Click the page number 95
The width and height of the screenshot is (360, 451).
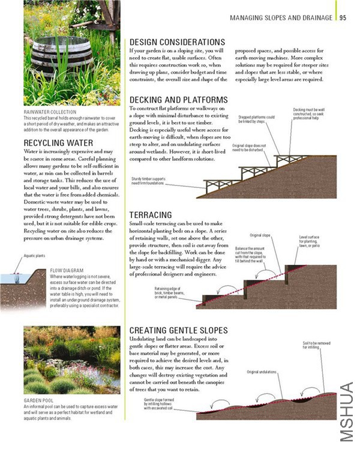pyautogui.click(x=343, y=18)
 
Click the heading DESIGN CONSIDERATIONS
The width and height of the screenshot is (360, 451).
pyautogui.click(x=177, y=42)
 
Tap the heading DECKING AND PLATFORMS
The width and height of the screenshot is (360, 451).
pyautogui.click(x=178, y=100)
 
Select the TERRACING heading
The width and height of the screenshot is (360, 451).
pyautogui.click(x=151, y=214)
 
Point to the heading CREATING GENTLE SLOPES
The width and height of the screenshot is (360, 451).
pyautogui.click(x=178, y=331)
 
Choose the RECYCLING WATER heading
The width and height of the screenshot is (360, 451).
pyautogui.click(x=58, y=143)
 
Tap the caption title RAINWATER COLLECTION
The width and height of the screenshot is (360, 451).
pyautogui.click(x=50, y=112)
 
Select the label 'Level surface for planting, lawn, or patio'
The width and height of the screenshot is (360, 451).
pyautogui.click(x=313, y=241)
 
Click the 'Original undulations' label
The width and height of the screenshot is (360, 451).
pyautogui.click(x=261, y=372)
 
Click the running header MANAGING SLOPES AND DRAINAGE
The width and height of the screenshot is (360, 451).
pyautogui.click(x=281, y=18)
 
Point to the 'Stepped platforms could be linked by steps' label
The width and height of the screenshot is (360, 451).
pyautogui.click(x=256, y=120)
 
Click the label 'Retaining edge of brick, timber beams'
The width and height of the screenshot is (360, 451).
pyautogui.click(x=169, y=292)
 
